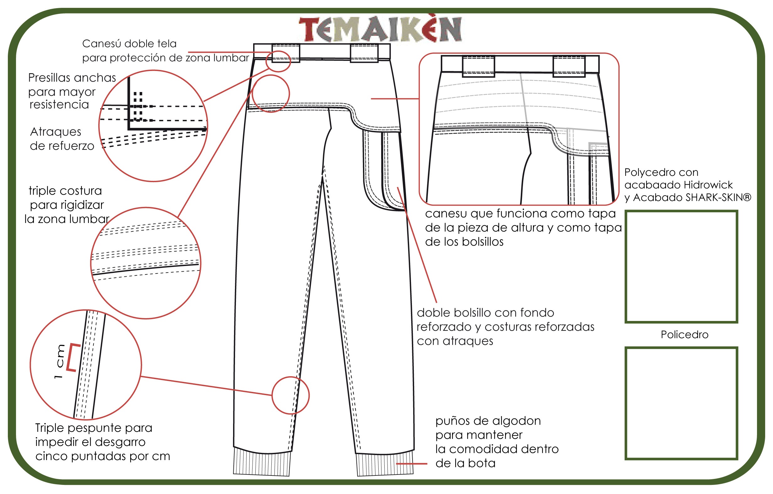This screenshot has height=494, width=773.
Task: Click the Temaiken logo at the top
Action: coord(381,29)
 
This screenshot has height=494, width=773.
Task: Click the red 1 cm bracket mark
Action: coord(73,358)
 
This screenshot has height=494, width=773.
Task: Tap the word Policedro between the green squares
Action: coord(685,334)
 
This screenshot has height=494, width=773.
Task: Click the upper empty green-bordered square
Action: coord(681,266)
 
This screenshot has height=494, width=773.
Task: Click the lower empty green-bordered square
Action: coord(681,403)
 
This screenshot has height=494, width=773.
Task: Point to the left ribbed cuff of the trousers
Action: coord(262,462)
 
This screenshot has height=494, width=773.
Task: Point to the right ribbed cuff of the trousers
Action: coord(385,463)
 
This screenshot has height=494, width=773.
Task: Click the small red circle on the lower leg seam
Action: coord(291,395)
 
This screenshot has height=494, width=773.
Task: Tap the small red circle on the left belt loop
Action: coord(278,61)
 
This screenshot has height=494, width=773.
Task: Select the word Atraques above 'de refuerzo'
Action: coord(56,132)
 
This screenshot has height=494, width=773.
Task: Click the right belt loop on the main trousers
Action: coord(364,53)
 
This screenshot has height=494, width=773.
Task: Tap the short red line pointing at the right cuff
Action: coord(412,464)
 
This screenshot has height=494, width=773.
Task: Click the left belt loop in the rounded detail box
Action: coord(478,66)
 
